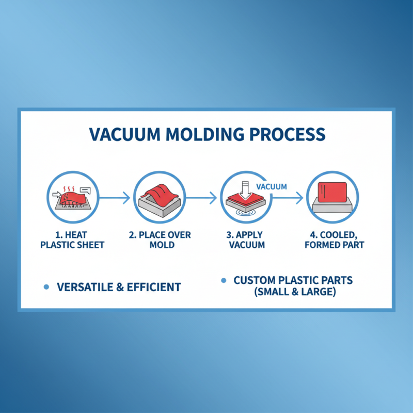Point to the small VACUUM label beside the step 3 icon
pos(271,186)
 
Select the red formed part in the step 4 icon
pos(331,192)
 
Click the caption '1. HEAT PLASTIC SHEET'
pos(72,240)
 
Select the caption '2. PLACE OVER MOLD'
pos(160,240)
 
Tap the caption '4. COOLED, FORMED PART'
pos(334,240)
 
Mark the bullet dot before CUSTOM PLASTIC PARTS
pos(224,281)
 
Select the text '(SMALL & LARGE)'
pos(293,292)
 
